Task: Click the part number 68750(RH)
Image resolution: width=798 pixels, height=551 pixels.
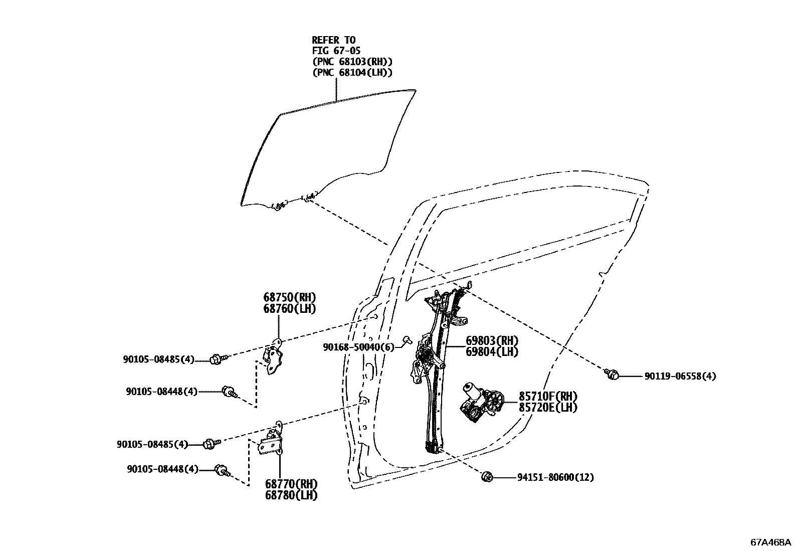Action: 291,297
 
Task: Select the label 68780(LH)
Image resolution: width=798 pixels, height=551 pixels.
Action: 291,495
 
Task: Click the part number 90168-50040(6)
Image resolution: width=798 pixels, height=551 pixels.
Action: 359,346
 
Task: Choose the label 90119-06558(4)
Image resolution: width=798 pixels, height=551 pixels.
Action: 680,376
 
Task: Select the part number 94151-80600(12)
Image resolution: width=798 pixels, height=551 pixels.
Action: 555,477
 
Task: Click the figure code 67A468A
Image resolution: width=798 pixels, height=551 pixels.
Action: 770,542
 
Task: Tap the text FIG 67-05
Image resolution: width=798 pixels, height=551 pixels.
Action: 336,51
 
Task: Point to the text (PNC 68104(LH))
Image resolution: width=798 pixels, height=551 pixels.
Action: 352,73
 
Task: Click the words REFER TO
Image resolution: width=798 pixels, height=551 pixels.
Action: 334,40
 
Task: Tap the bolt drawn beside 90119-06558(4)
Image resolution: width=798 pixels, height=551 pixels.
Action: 611,374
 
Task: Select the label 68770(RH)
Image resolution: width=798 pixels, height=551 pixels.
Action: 291,484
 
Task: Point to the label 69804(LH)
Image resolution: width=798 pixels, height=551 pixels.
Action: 491,352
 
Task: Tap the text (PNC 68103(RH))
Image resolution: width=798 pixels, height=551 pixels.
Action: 352,62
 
